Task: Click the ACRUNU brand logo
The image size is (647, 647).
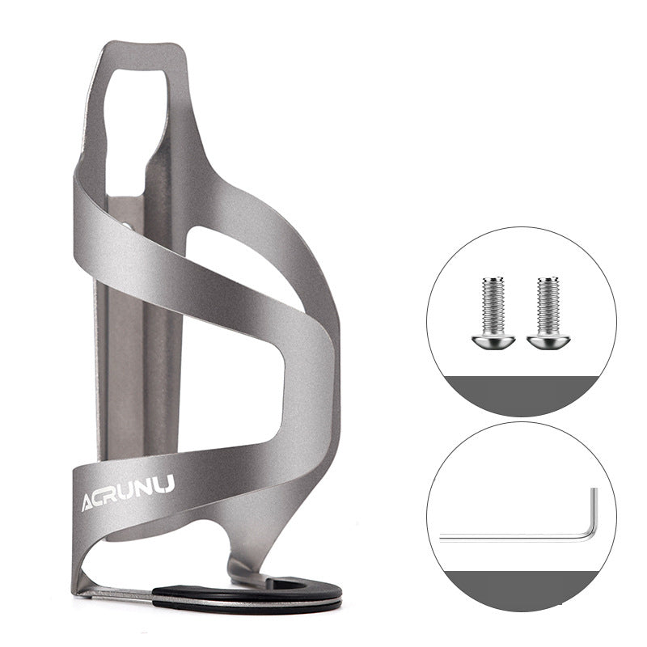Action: pyautogui.click(x=128, y=493)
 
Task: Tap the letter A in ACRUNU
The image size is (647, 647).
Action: pyautogui.click(x=89, y=502)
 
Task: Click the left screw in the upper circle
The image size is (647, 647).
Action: pyautogui.click(x=493, y=312)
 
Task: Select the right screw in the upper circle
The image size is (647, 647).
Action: pyautogui.click(x=548, y=312)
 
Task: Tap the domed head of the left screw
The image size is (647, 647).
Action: pyautogui.click(x=493, y=341)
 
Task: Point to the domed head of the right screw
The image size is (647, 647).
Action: pyautogui.click(x=548, y=341)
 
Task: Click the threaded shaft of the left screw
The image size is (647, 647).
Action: pyautogui.click(x=493, y=307)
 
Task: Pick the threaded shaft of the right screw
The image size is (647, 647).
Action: pyautogui.click(x=548, y=307)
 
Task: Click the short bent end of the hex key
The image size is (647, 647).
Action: pyautogui.click(x=594, y=512)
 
